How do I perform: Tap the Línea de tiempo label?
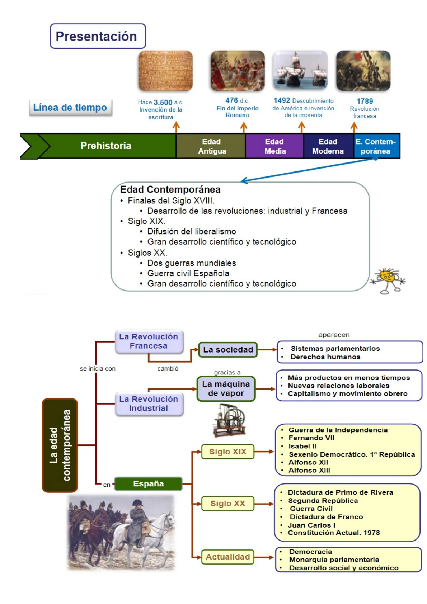[70, 108]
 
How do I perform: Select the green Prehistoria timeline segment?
[106, 146]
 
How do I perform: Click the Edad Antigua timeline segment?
[212, 146]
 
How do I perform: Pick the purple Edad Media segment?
[275, 146]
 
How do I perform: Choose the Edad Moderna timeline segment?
[328, 146]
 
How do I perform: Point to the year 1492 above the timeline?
[282, 100]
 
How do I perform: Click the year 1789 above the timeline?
[365, 101]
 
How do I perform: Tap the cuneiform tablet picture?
[165, 71]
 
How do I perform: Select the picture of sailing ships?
[300, 71]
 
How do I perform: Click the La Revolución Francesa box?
[149, 341]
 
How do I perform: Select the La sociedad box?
[228, 350]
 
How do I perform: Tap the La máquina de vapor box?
[226, 389]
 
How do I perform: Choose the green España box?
[148, 484]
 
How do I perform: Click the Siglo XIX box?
[228, 452]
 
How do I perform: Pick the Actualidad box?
[228, 557]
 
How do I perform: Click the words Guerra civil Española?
[188, 273]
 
